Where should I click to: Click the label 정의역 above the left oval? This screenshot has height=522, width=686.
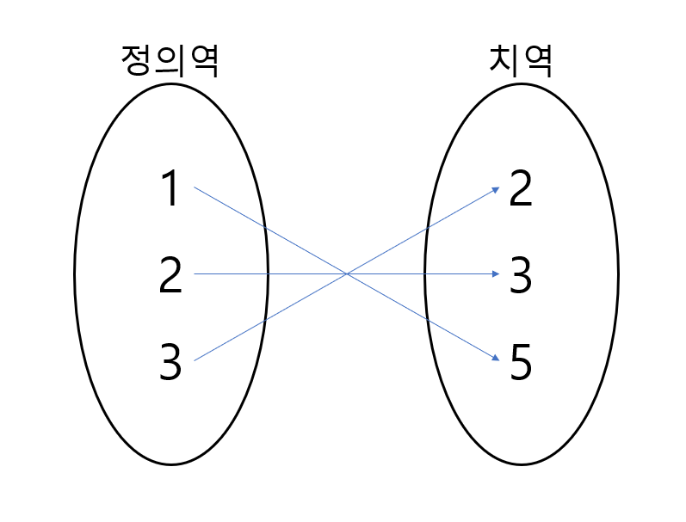point(170,61)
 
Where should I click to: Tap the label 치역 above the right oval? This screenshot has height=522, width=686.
point(520,61)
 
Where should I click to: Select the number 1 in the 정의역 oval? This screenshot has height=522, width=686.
point(170,189)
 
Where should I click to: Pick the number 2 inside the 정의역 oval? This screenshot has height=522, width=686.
point(170,276)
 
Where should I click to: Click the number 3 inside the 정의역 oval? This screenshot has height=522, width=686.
point(170,362)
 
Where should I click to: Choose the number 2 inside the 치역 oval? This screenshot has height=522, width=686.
point(521,189)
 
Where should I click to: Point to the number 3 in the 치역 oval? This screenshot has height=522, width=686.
point(521,276)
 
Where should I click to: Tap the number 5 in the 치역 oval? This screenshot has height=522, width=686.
point(521,362)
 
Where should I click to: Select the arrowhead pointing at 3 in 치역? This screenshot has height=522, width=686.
point(497,274)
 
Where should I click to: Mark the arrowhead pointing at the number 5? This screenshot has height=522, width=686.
point(497,359)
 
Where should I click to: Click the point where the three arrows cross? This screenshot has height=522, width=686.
point(346,274)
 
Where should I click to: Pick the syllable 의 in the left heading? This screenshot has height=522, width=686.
point(170,61)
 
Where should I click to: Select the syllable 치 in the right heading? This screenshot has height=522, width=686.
point(503,61)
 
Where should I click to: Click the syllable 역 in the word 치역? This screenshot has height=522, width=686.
point(537,61)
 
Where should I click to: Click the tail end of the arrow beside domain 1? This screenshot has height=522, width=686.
point(195,187)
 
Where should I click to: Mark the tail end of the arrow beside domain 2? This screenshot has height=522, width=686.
point(195,274)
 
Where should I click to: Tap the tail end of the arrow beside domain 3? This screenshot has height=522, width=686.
point(195,360)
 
